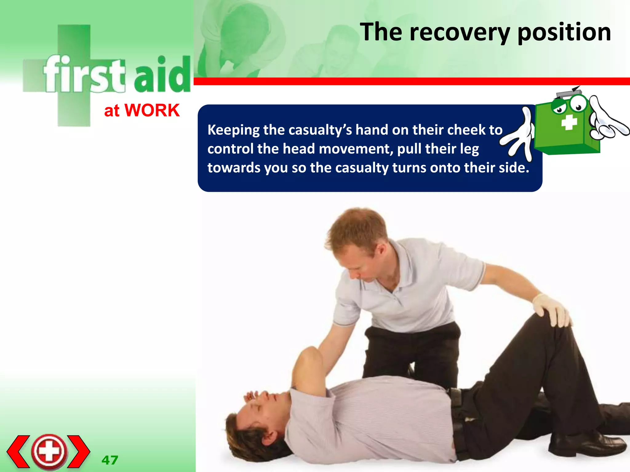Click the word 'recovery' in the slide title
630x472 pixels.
click(459, 33)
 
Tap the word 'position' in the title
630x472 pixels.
click(564, 33)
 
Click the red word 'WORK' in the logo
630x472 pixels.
click(152, 110)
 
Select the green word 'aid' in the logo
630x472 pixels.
click(162, 75)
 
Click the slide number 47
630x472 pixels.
click(110, 460)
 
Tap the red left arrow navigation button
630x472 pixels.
click(18, 451)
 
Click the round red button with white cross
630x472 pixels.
click(49, 451)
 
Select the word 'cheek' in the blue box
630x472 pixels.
click(466, 130)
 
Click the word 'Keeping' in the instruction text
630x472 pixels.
click(233, 130)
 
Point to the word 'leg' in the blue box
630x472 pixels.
click(469, 149)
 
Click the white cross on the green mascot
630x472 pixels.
click(569, 122)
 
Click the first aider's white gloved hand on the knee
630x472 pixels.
click(551, 309)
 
